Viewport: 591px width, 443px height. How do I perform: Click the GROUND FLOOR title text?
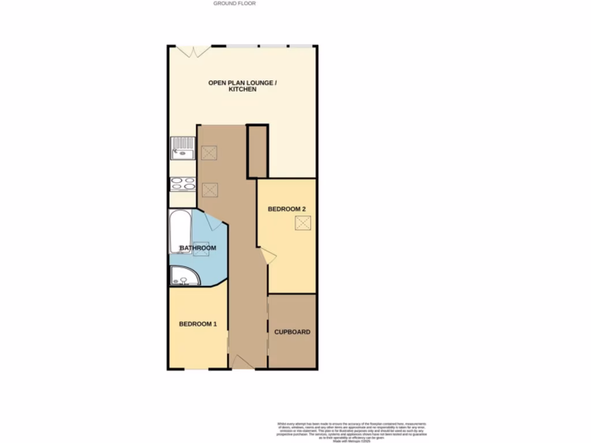click(x=234, y=3)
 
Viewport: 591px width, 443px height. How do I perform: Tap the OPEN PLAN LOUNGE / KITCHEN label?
click(x=242, y=86)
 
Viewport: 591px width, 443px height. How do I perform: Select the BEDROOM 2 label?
click(x=286, y=209)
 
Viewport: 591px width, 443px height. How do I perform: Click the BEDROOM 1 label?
click(x=197, y=324)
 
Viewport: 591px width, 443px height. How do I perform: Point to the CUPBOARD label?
click(x=292, y=332)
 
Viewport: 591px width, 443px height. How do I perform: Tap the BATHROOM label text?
click(x=198, y=248)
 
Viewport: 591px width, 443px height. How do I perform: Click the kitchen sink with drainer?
click(x=183, y=148)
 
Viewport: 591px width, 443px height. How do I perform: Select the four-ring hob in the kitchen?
click(x=183, y=184)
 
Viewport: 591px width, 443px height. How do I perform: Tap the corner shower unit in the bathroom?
click(x=184, y=276)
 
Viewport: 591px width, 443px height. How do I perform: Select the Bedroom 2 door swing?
click(x=268, y=256)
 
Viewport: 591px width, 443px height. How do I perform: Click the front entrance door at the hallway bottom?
click(x=241, y=362)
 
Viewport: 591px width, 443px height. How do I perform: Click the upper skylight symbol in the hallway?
click(x=209, y=153)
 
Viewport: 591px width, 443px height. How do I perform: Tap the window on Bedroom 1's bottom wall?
click(x=196, y=369)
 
